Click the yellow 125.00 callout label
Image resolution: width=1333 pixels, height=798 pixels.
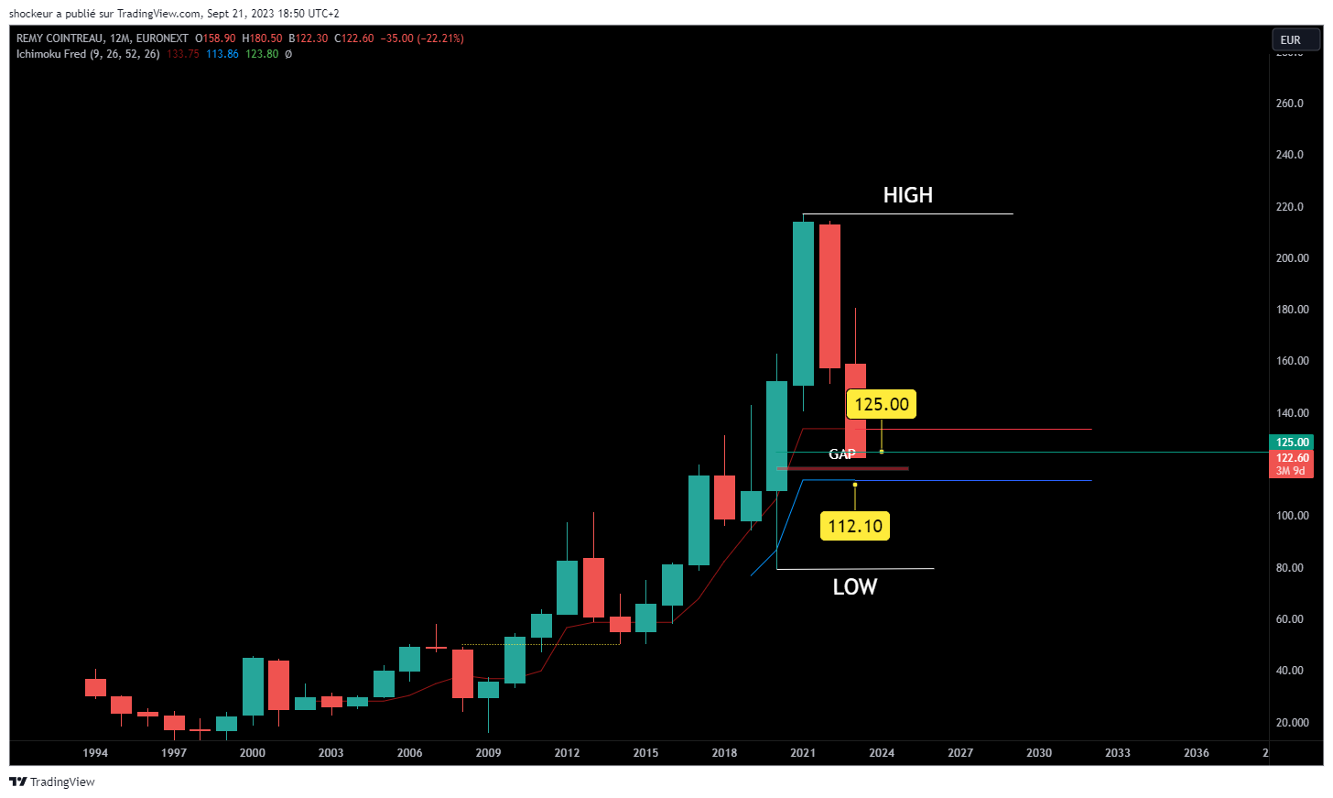882,404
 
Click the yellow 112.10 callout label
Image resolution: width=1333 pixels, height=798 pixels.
855,526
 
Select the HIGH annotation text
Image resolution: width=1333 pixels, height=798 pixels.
907,195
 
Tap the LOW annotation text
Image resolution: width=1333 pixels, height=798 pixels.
854,587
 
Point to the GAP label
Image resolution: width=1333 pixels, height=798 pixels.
842,454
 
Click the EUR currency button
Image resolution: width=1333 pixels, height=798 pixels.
1291,39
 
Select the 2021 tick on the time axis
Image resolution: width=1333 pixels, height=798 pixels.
803,753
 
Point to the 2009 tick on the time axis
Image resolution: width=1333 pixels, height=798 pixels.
488,753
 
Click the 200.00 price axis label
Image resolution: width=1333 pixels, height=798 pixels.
1292,258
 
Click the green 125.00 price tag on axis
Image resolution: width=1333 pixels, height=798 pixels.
1292,443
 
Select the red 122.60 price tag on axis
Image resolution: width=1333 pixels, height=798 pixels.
1292,458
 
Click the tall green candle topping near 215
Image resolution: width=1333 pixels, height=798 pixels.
803,302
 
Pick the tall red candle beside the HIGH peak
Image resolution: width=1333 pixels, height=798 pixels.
829,296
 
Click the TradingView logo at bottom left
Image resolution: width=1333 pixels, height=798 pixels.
52,782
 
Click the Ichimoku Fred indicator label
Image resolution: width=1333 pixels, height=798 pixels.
51,54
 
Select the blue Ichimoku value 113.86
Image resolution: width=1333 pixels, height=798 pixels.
222,54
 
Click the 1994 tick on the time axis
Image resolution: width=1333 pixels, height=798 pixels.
95,753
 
